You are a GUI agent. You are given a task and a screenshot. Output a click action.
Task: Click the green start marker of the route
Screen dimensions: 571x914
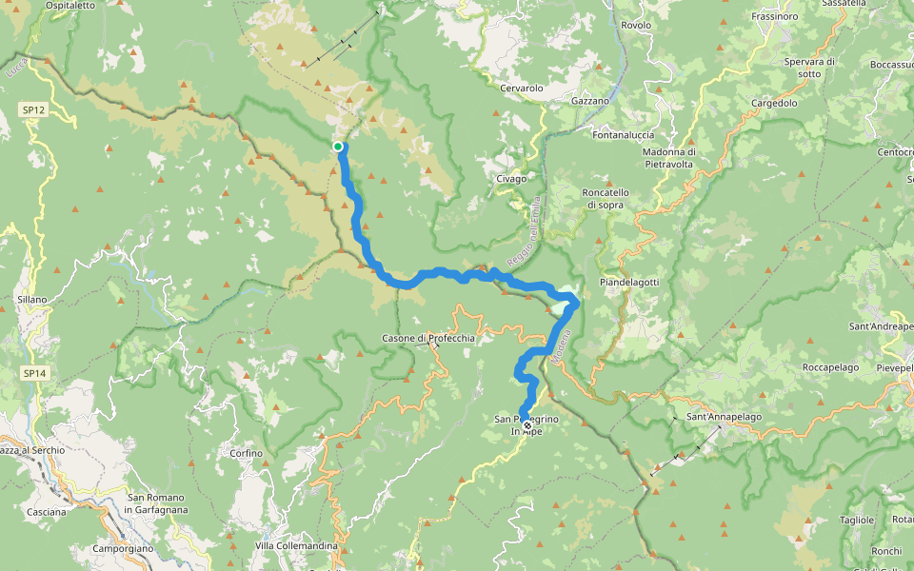point(338,146)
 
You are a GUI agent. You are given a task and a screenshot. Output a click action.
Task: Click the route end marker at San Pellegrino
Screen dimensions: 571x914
point(527,425)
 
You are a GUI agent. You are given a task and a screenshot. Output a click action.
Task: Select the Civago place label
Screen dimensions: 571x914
point(511,178)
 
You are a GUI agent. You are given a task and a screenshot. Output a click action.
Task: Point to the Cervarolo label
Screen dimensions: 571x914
point(521,88)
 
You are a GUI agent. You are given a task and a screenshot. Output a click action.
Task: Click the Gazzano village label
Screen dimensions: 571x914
point(589,100)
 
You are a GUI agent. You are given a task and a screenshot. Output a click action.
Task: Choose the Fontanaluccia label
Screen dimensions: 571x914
point(625,134)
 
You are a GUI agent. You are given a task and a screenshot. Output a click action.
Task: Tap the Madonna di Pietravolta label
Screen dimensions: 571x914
point(669,157)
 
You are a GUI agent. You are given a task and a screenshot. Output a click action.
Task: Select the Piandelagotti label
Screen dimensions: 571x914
point(629,283)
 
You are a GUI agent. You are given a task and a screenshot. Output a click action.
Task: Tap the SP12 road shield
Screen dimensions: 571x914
point(33,110)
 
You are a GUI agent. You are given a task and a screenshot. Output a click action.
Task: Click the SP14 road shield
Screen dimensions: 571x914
point(34,374)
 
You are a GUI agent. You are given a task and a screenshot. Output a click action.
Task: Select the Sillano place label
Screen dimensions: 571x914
point(31,299)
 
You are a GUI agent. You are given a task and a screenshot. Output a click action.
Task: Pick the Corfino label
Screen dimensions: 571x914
point(246,453)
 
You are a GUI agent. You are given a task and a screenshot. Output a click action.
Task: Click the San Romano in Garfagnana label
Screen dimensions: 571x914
point(156,503)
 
